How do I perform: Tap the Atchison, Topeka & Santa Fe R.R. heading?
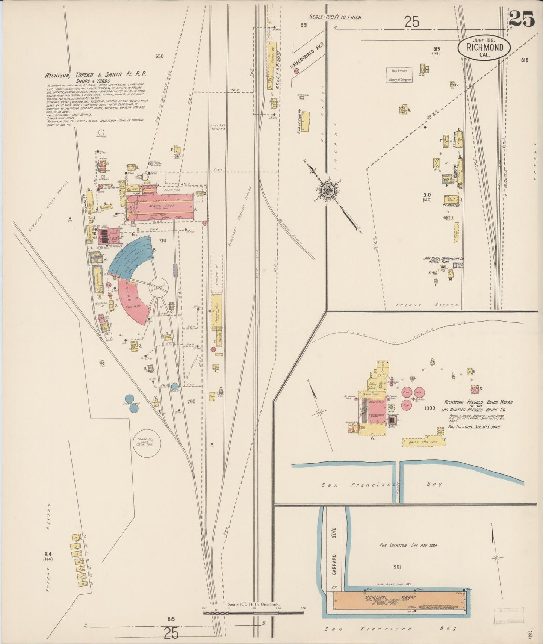pyautogui.click(x=95, y=75)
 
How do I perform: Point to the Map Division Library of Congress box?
pyautogui.click(x=399, y=75)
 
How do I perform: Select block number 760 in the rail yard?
pyautogui.click(x=191, y=401)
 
